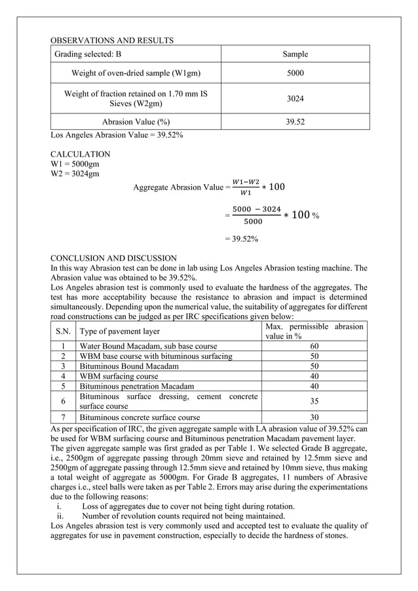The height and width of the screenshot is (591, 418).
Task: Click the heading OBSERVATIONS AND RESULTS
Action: [x=112, y=41]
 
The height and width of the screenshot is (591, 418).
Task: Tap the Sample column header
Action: [x=295, y=54]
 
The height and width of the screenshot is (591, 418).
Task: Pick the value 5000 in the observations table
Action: [x=295, y=73]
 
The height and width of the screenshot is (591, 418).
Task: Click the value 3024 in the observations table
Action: [x=295, y=98]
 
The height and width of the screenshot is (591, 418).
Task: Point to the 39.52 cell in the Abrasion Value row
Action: [x=295, y=122]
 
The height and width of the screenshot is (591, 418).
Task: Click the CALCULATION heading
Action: [x=81, y=154]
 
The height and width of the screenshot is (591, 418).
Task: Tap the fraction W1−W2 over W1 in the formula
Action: [x=246, y=187]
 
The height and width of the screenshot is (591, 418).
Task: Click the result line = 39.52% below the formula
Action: [x=241, y=239]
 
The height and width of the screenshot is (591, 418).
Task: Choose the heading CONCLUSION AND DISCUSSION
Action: [x=113, y=258]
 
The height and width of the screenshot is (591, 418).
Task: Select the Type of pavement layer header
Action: [x=119, y=331]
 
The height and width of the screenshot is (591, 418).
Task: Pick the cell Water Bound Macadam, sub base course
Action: [x=148, y=346]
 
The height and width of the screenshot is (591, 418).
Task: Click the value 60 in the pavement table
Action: [x=314, y=346]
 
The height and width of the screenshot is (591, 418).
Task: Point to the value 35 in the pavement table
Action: [x=314, y=402]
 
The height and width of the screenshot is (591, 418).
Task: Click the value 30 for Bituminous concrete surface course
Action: [x=314, y=417]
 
